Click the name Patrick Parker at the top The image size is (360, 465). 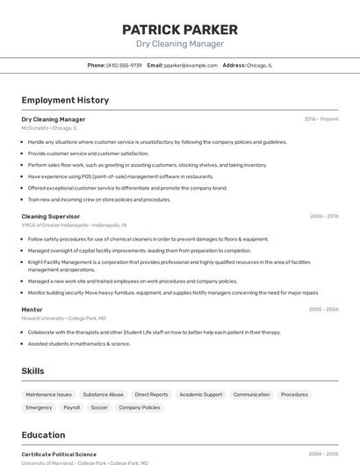pyautogui.click(x=180, y=29)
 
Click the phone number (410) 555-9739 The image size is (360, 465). pyautogui.click(x=124, y=65)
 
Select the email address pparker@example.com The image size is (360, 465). pyautogui.click(x=191, y=65)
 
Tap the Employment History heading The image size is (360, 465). pyautogui.click(x=65, y=100)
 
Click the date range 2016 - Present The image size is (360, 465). pyautogui.click(x=321, y=118)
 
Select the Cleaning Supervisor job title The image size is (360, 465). pyautogui.click(x=50, y=216)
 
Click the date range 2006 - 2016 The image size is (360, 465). pyautogui.click(x=323, y=216)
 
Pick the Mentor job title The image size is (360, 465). pyautogui.click(x=32, y=309)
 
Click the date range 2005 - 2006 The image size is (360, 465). pyautogui.click(x=323, y=309)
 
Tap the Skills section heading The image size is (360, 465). pyautogui.click(x=32, y=371)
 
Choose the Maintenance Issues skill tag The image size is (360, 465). pyautogui.click(x=48, y=395)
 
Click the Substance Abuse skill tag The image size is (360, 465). pyautogui.click(x=104, y=395)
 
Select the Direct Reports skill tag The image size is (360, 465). pyautogui.click(x=152, y=395)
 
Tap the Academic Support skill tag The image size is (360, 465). pyautogui.click(x=201, y=395)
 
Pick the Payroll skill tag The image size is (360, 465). pyautogui.click(x=72, y=408)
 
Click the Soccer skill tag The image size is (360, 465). pyautogui.click(x=99, y=408)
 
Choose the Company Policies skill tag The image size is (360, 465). pyautogui.click(x=140, y=408)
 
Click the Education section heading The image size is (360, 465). pyautogui.click(x=43, y=435)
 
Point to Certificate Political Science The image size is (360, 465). pyautogui.click(x=59, y=454)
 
